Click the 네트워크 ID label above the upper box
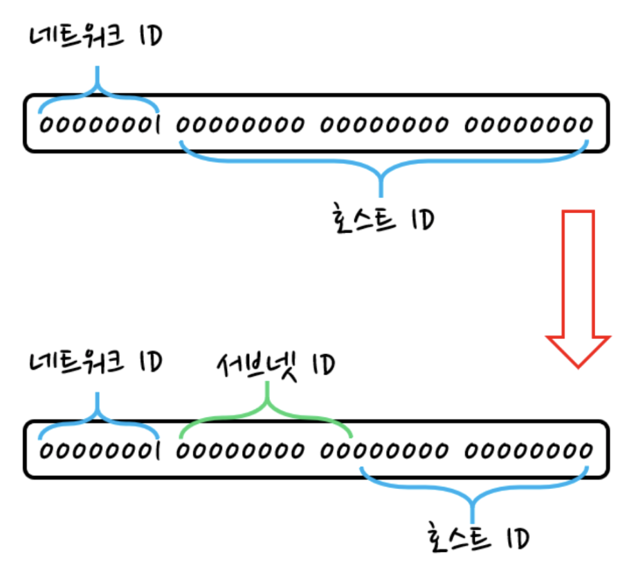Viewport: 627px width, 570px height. [x=96, y=37]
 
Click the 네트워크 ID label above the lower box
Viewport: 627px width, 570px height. [x=96, y=362]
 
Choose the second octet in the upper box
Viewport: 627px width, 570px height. [x=239, y=125]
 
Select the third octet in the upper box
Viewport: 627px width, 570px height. [x=383, y=125]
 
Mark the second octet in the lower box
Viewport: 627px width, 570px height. [x=239, y=451]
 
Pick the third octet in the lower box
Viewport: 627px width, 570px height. [x=383, y=451]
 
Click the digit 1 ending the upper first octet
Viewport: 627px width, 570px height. [x=157, y=125]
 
